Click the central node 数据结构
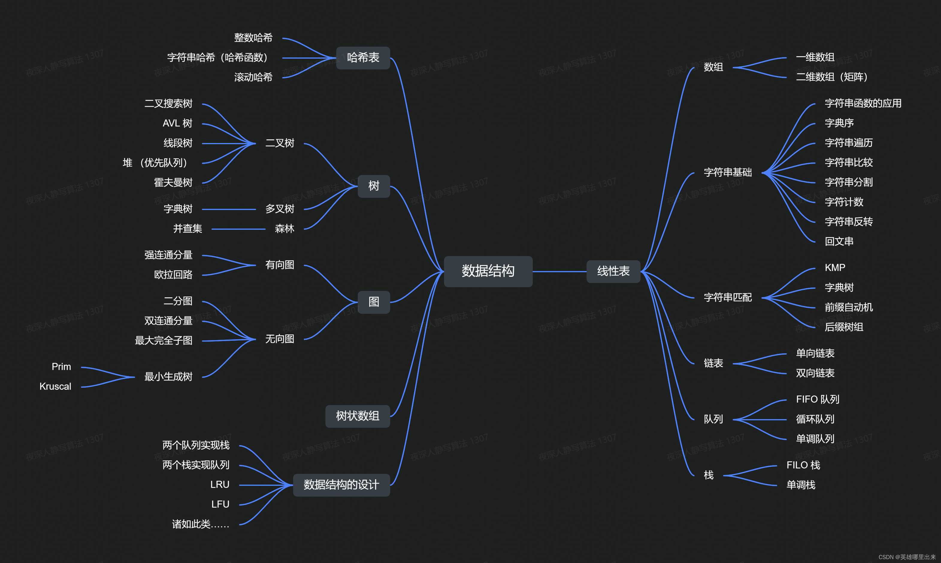click(x=488, y=271)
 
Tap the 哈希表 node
click(x=363, y=58)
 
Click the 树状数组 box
click(x=357, y=416)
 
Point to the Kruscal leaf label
click(x=55, y=386)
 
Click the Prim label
click(x=61, y=366)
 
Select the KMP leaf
click(x=835, y=267)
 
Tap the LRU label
click(x=220, y=484)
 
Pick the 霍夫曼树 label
click(x=173, y=182)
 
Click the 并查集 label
click(x=187, y=228)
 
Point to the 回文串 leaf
click(x=839, y=241)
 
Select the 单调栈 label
click(x=801, y=485)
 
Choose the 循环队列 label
click(x=815, y=419)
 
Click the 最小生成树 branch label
click(x=168, y=377)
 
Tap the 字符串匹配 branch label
click(x=727, y=297)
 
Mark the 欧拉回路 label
click(x=173, y=275)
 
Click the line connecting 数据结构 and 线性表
click(x=559, y=272)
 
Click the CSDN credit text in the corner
click(x=907, y=557)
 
